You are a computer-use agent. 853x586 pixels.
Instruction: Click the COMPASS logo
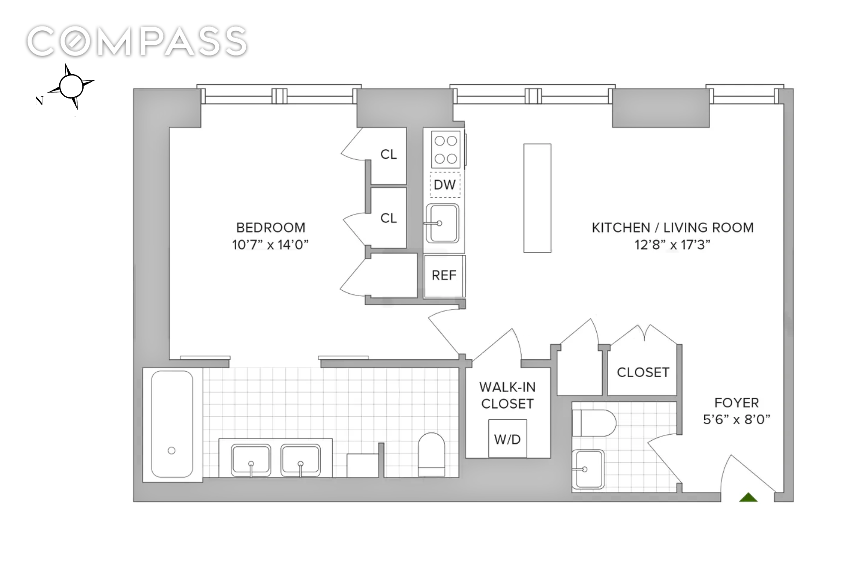[137, 41]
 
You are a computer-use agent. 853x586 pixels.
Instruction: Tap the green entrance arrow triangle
[748, 497]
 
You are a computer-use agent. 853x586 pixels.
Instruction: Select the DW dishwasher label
[445, 185]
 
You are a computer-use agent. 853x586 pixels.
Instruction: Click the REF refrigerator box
[444, 276]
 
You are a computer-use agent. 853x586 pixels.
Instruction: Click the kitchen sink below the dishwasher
[442, 223]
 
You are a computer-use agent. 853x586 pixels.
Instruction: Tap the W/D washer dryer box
[508, 439]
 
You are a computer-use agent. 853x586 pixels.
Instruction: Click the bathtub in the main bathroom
[172, 424]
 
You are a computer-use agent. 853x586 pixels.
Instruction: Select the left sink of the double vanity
[251, 460]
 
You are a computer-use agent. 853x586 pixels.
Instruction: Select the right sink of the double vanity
[300, 460]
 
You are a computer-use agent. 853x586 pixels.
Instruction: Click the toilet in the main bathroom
[431, 454]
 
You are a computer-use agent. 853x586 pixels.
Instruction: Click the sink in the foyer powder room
[588, 469]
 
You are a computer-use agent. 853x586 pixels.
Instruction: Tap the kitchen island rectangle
[537, 198]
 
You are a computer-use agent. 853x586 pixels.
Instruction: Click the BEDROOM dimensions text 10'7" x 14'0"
[270, 245]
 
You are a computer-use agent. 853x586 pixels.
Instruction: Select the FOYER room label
[737, 403]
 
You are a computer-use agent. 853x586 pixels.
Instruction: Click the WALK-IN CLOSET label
[508, 395]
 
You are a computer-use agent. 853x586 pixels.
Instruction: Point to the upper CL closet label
[389, 154]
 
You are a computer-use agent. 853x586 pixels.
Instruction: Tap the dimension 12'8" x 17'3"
[672, 245]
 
